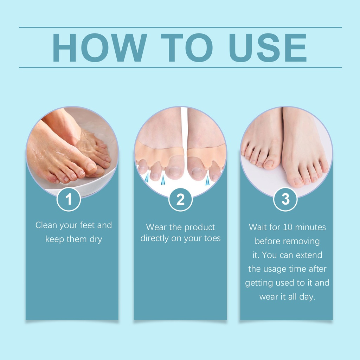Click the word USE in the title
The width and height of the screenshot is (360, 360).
[x=268, y=47]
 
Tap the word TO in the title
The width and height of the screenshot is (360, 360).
[x=187, y=47]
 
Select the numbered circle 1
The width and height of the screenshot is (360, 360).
[x=69, y=199]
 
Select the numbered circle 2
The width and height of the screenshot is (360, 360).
[x=180, y=199]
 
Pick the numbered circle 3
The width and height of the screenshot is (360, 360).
[x=285, y=199]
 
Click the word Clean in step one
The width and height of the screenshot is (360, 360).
[x=46, y=225]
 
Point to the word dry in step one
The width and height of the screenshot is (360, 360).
[x=96, y=239]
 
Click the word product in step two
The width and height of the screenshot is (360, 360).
[x=200, y=227]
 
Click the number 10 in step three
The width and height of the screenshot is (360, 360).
[x=288, y=227]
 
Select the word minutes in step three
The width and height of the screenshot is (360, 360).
[x=310, y=227]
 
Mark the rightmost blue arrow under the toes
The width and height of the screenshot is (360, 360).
[x=207, y=181]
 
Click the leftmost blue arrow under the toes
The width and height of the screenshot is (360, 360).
[x=147, y=178]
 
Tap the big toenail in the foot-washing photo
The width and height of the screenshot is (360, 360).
[x=91, y=166]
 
